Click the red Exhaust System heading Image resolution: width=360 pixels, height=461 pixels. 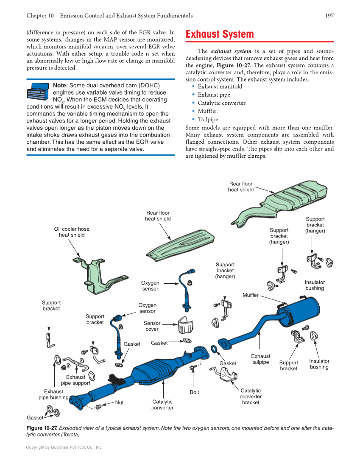(220, 34)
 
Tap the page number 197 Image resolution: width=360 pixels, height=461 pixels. (329, 16)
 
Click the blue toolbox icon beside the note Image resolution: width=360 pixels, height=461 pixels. (38, 92)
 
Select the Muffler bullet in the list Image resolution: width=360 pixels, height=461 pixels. (208, 111)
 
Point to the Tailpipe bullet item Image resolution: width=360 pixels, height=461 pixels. (208, 120)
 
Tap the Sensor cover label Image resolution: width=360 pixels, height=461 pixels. (152, 326)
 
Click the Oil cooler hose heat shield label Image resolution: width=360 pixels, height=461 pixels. (72, 232)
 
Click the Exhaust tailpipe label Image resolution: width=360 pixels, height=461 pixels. (260, 359)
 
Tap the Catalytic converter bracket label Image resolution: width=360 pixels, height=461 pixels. (251, 396)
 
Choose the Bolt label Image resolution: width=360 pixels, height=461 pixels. (194, 392)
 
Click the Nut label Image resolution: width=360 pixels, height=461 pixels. (120, 402)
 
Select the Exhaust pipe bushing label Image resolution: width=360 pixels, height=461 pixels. (53, 394)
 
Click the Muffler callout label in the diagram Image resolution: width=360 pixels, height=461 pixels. (250, 295)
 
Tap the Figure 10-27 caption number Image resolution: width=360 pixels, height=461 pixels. (42, 428)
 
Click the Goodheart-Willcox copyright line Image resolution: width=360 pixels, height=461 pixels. (64, 447)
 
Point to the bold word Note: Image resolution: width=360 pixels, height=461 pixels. (60, 86)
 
